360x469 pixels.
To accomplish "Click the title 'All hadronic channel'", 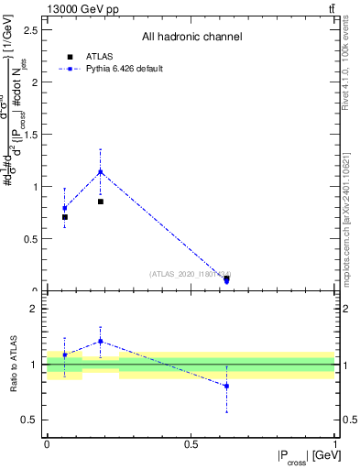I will [x=191, y=38].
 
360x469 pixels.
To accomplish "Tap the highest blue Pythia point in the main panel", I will [x=101, y=171].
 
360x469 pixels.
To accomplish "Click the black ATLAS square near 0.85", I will [x=101, y=202].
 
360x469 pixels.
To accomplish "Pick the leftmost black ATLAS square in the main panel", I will [x=65, y=217].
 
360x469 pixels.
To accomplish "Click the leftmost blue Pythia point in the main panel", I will [x=65, y=208].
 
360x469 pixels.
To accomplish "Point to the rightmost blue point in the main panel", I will [x=226, y=280].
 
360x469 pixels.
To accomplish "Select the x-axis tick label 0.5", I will [x=191, y=445].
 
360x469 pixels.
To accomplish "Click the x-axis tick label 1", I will [x=334, y=445].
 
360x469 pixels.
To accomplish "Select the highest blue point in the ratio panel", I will [x=101, y=342].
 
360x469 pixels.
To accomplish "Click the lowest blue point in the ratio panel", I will [x=226, y=386].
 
